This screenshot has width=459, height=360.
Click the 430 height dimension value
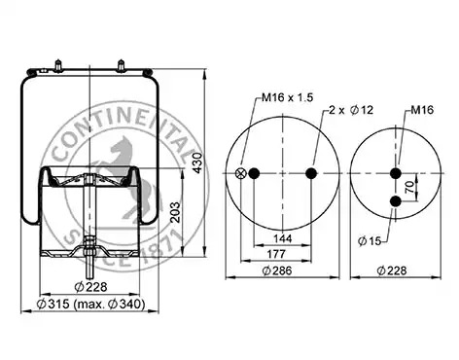(x=197, y=162)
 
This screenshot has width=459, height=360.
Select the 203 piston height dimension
(x=175, y=212)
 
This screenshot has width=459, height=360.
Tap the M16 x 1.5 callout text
(x=288, y=97)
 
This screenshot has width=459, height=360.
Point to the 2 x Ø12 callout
(x=351, y=110)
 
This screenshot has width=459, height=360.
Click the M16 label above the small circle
(x=422, y=110)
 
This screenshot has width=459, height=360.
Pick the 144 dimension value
(x=283, y=238)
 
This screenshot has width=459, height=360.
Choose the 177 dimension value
(x=276, y=254)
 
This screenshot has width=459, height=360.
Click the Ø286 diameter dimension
(x=277, y=270)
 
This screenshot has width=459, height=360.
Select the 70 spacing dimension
(x=410, y=187)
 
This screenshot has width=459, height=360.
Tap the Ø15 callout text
(x=370, y=241)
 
